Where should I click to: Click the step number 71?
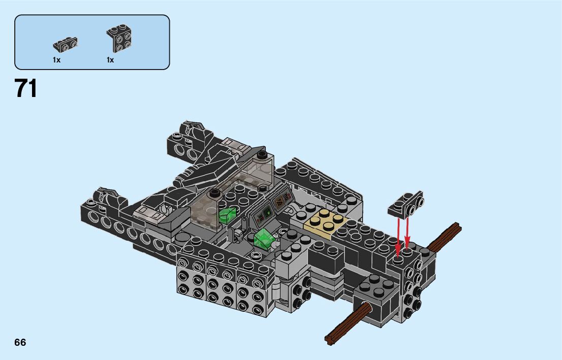point(25,88)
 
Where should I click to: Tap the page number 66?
point(20,342)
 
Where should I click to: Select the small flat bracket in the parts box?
point(65,44)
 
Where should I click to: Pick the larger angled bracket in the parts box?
point(119,38)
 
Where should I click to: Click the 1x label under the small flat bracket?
point(56,60)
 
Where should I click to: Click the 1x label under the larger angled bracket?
point(110,60)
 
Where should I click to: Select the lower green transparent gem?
point(264,239)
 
